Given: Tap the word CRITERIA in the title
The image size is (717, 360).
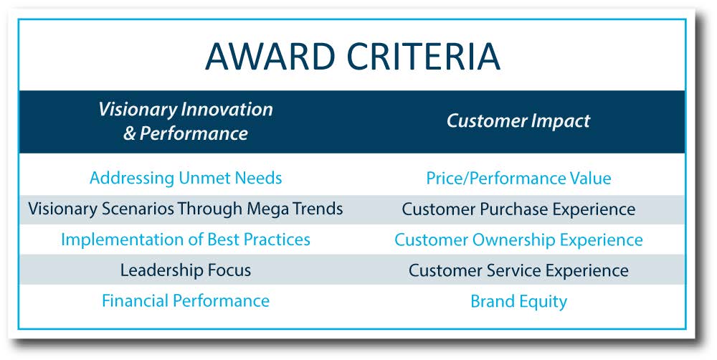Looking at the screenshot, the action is click(x=423, y=56).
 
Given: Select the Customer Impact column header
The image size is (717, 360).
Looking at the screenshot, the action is click(x=518, y=120).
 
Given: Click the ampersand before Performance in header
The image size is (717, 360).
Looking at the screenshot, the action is click(x=130, y=133).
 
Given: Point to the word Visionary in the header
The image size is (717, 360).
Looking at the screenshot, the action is click(x=138, y=110).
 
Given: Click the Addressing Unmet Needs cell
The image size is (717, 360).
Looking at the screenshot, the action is click(x=186, y=178).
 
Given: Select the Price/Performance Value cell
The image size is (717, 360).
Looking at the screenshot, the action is click(x=518, y=178).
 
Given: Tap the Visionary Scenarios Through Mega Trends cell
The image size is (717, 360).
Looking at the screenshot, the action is click(x=186, y=209).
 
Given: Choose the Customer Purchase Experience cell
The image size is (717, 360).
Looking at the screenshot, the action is click(x=518, y=209).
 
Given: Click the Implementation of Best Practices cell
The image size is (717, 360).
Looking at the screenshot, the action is click(x=186, y=240).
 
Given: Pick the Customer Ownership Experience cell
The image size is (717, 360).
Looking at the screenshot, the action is click(x=518, y=240).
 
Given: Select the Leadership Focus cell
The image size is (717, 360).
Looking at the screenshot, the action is click(x=186, y=270).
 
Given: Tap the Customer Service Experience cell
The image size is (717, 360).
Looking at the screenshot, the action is click(x=518, y=270).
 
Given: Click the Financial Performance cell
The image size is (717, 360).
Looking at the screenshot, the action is click(x=186, y=300).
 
